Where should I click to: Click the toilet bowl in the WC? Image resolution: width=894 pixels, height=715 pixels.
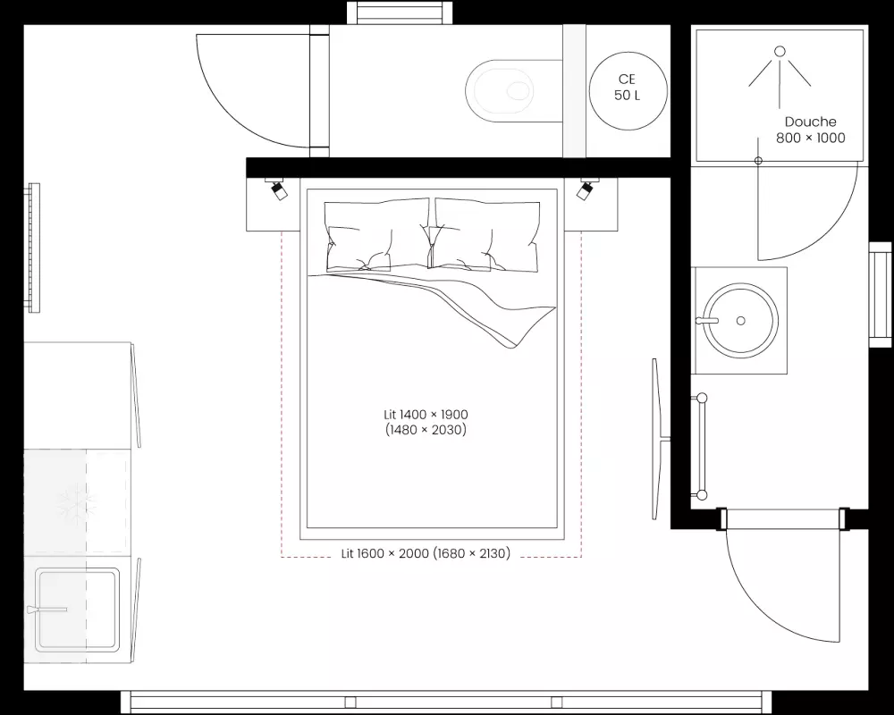[500, 90]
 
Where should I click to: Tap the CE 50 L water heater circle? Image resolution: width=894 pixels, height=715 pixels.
[628, 91]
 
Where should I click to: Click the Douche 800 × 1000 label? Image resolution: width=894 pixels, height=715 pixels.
[810, 130]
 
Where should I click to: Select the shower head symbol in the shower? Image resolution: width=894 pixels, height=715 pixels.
[780, 77]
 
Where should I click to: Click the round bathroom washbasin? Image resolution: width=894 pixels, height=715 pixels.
[740, 321]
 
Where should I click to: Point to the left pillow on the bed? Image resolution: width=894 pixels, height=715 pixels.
[377, 235]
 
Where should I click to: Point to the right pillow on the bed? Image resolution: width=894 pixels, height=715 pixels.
[485, 235]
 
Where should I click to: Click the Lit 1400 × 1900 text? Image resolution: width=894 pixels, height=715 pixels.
[426, 415]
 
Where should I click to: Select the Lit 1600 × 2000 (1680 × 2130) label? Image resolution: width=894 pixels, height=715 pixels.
[426, 553]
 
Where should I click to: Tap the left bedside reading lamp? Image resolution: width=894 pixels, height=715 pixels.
[278, 189]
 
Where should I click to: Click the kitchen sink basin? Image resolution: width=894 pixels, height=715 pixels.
[77, 610]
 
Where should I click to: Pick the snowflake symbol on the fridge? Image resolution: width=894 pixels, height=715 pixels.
[76, 505]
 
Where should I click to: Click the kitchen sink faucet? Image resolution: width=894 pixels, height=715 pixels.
[46, 610]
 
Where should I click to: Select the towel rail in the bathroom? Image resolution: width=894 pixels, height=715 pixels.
[701, 447]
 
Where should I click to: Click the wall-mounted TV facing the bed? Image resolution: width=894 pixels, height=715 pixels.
[659, 439]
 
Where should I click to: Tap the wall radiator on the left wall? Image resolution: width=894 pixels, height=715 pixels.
[34, 248]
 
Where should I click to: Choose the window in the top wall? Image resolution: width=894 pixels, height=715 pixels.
[400, 13]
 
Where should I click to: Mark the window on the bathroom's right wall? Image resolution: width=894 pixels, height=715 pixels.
[880, 294]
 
